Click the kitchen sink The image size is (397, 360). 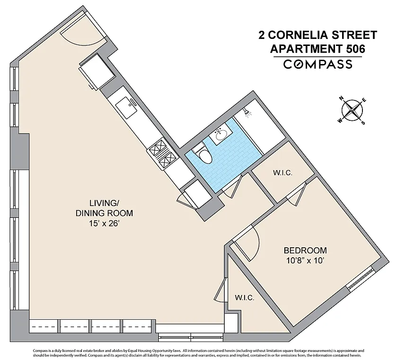pyautogui.click(x=127, y=108)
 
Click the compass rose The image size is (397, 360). pyautogui.click(x=352, y=110)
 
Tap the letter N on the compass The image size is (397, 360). pyautogui.click(x=341, y=99)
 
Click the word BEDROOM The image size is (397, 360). pyautogui.click(x=305, y=250)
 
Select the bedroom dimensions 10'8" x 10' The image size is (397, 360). pyautogui.click(x=305, y=261)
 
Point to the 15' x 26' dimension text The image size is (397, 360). pyautogui.click(x=104, y=224)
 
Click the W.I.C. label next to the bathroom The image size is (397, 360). pyautogui.click(x=283, y=173)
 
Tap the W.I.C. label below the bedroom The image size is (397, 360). pyautogui.click(x=245, y=297)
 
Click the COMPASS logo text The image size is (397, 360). pyautogui.click(x=318, y=64)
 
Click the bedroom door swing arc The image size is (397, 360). pyautogui.click(x=255, y=244)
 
